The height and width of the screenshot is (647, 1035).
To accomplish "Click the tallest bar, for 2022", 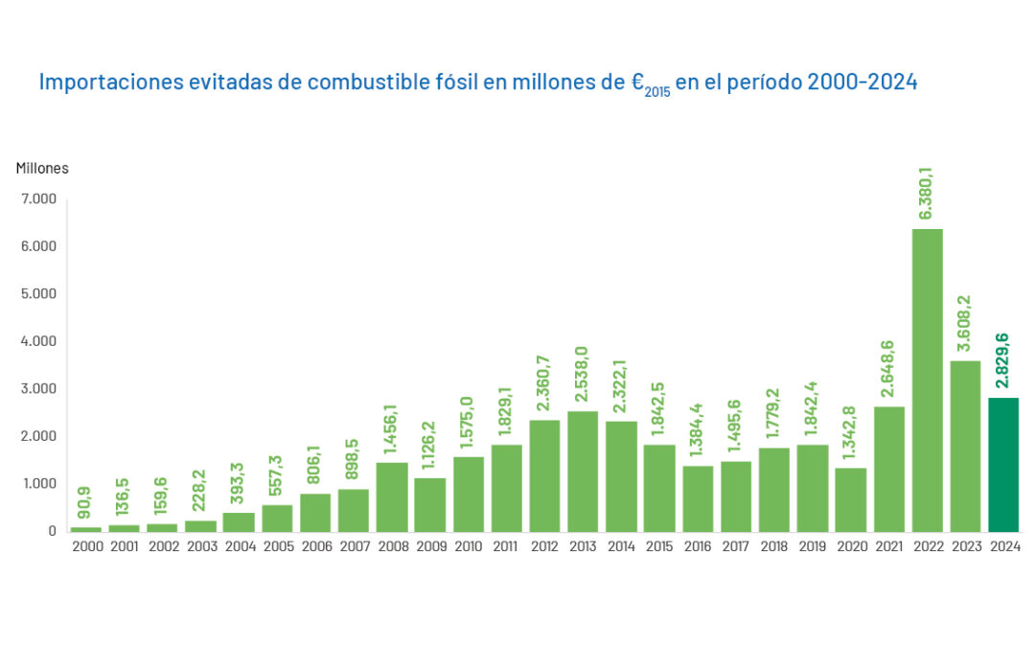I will (927, 380).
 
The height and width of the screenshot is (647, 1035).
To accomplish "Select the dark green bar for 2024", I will (1003, 465).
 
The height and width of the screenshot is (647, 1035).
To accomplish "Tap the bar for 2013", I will (583, 471).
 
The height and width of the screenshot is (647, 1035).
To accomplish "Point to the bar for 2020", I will (850, 499).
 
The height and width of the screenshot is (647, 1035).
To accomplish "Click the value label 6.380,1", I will (927, 193).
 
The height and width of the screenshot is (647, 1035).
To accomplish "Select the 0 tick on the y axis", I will (53, 531).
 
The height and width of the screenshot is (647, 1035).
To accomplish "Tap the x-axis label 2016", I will (698, 546).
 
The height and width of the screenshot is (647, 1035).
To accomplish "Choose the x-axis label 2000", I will (86, 546).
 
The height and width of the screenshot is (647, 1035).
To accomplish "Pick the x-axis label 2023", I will (965, 546).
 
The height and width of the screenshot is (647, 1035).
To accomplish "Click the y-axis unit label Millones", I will (42, 169).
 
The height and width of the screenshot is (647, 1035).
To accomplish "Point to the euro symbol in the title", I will (636, 82).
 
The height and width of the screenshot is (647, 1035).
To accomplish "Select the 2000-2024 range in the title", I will (862, 82).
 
